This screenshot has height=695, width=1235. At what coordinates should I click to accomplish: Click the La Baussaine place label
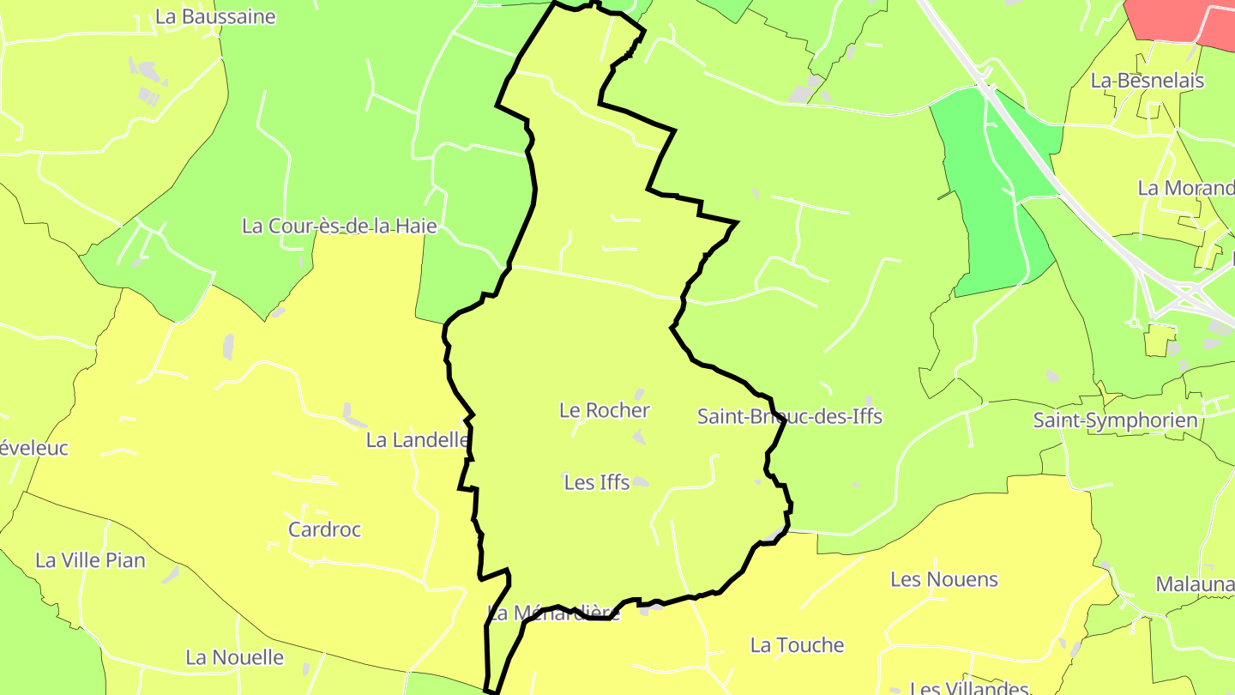[215, 16]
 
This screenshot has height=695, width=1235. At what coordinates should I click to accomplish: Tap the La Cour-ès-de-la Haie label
[340, 227]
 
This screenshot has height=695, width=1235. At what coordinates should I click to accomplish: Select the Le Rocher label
[604, 410]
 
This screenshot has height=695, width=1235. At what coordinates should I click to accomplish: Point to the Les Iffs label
[597, 483]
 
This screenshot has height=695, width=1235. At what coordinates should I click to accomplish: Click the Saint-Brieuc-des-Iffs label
[789, 417]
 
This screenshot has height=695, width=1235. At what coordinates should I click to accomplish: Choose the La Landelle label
[417, 440]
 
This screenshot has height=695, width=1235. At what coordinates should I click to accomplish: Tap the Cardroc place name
[324, 529]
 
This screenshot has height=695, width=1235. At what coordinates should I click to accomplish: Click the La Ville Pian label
[90, 560]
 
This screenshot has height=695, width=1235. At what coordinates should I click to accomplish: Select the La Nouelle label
[234, 657]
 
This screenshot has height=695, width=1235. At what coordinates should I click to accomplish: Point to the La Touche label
[797, 645]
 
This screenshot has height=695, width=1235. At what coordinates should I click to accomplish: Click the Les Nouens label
[944, 579]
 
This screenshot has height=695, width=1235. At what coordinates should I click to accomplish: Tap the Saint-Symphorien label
[1115, 420]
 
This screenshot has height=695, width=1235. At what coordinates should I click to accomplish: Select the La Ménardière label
[553, 613]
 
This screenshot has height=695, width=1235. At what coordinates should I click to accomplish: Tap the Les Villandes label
[969, 688]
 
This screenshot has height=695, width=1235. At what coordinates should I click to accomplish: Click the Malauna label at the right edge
[1195, 585]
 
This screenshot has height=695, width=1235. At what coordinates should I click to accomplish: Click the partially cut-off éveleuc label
[34, 448]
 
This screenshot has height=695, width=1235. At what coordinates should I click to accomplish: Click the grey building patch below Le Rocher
[639, 438]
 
